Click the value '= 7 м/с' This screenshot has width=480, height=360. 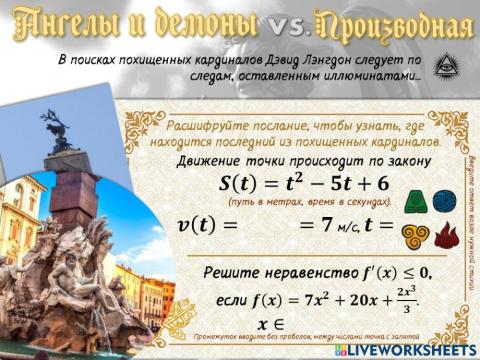tap(333, 225)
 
